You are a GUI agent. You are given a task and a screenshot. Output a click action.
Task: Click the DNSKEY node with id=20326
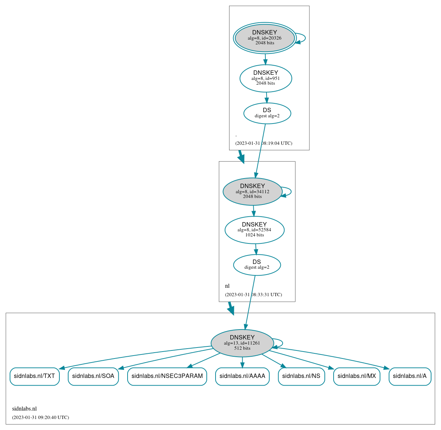pyautogui.click(x=265, y=38)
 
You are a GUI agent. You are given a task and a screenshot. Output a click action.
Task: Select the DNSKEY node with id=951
pyautogui.click(x=266, y=78)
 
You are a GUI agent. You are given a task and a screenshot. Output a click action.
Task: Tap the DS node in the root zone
pyautogui.click(x=267, y=113)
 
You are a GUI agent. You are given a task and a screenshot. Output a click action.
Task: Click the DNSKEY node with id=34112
pyautogui.click(x=252, y=191)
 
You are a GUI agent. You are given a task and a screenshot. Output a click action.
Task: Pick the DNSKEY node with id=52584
pyautogui.click(x=254, y=230)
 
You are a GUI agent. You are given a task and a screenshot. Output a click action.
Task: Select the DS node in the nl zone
pyautogui.click(x=257, y=265)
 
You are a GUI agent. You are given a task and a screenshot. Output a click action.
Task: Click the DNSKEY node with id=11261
pyautogui.click(x=242, y=343)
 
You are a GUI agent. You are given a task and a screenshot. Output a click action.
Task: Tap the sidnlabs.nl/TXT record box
pyautogui.click(x=34, y=376)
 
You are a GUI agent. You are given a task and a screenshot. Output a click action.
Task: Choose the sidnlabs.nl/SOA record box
pyautogui.click(x=93, y=376)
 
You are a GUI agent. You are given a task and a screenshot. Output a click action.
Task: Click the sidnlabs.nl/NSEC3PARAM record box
pyautogui.click(x=167, y=376)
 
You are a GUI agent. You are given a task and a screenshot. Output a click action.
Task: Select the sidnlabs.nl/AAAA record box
pyautogui.click(x=242, y=376)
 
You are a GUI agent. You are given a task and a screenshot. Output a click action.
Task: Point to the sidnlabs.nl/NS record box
pyautogui.click(x=301, y=376)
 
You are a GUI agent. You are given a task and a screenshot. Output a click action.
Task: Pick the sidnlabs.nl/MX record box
pyautogui.click(x=356, y=376)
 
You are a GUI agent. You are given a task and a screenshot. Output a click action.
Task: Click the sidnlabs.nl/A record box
pyautogui.click(x=409, y=376)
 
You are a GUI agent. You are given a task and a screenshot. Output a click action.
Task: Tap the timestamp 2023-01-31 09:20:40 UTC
pyautogui.click(x=40, y=417)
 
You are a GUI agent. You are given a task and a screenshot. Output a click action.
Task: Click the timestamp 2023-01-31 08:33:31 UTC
pyautogui.click(x=253, y=294)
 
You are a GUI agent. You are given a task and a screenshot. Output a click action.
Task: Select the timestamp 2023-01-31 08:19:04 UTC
pyautogui.click(x=264, y=143)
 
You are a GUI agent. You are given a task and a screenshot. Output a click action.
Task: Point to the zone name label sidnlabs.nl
pyautogui.click(x=24, y=409)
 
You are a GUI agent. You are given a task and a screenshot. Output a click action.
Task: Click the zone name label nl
pyautogui.click(x=227, y=286)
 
